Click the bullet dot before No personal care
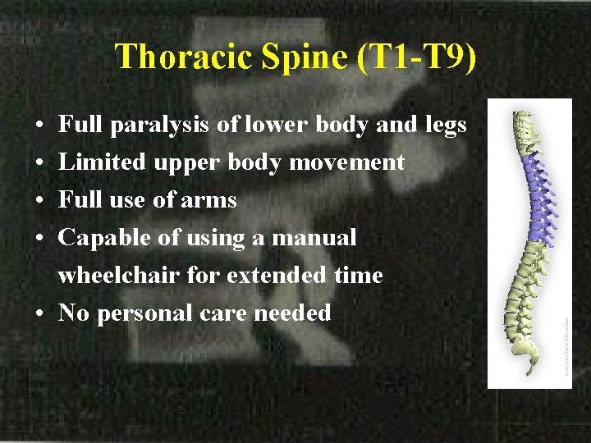pos(40,313)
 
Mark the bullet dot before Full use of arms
pos(40,201)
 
